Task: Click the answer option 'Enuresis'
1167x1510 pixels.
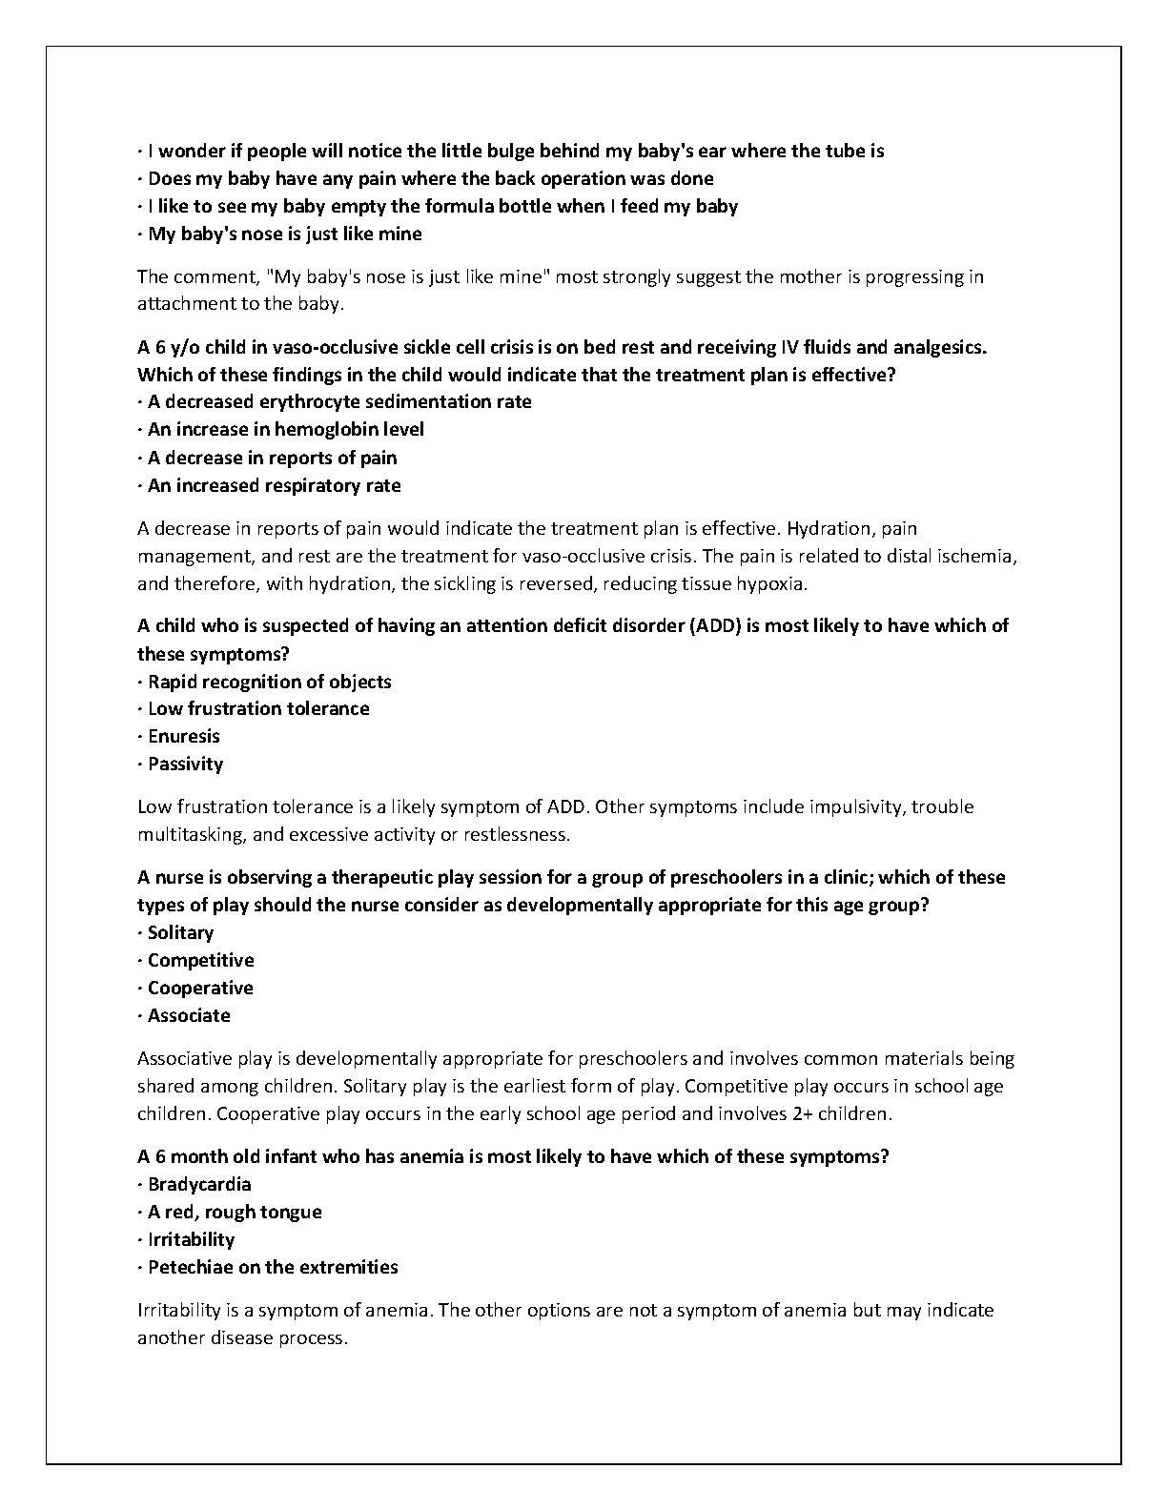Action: pos(184,737)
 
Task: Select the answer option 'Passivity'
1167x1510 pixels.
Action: pos(186,765)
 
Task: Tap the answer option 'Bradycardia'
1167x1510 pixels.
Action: pos(199,1185)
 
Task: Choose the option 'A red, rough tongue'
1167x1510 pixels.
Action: pos(235,1213)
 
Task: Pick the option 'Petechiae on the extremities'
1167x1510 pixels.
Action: pos(273,1268)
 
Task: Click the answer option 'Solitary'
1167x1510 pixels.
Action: pos(180,933)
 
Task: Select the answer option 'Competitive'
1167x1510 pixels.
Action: pos(200,961)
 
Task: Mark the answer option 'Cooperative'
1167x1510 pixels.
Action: pos(200,989)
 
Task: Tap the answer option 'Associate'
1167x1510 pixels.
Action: pos(189,1016)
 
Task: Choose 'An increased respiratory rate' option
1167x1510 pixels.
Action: pos(275,486)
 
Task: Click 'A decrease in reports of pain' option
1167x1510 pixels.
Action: pos(273,459)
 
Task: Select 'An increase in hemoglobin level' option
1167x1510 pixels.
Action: pos(286,430)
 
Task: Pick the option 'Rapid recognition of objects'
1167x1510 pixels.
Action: pos(270,683)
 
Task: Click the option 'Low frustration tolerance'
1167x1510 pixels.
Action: pos(258,709)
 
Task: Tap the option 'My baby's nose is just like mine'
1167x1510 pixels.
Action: pos(285,235)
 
